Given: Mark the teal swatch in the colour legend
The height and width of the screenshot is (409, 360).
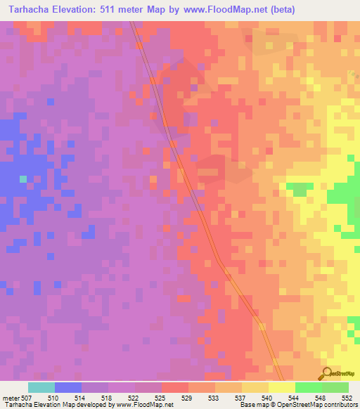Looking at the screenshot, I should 41,387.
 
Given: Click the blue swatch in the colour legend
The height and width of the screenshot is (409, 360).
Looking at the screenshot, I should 68,387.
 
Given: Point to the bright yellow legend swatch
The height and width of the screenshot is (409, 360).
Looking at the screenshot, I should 282,387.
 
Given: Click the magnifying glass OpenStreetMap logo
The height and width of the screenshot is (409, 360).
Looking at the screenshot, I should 326,374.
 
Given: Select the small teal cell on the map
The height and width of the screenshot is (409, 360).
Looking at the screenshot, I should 23,179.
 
